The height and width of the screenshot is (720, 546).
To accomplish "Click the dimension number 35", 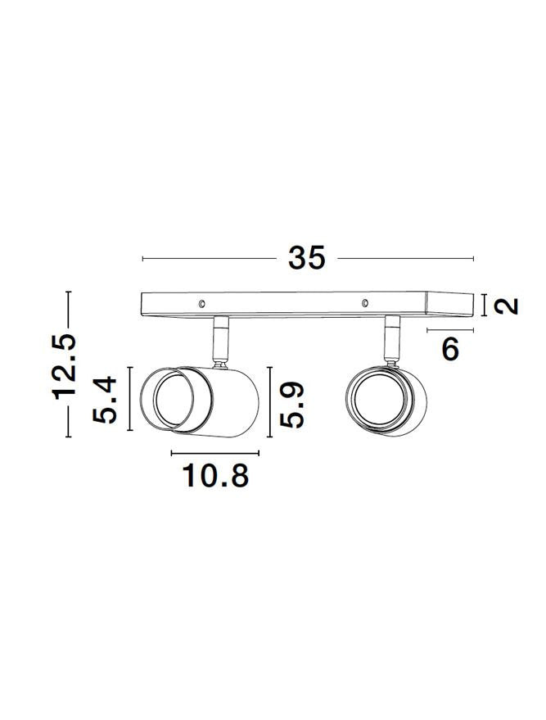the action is (306, 258).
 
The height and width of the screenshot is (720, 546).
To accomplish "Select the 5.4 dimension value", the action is (105, 400).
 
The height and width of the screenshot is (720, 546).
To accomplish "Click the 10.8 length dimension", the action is (215, 475).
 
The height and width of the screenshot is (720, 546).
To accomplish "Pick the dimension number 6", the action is (450, 349).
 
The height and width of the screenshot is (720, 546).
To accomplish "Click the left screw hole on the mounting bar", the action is (201, 304).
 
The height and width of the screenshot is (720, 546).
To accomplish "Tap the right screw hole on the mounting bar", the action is (365, 302).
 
